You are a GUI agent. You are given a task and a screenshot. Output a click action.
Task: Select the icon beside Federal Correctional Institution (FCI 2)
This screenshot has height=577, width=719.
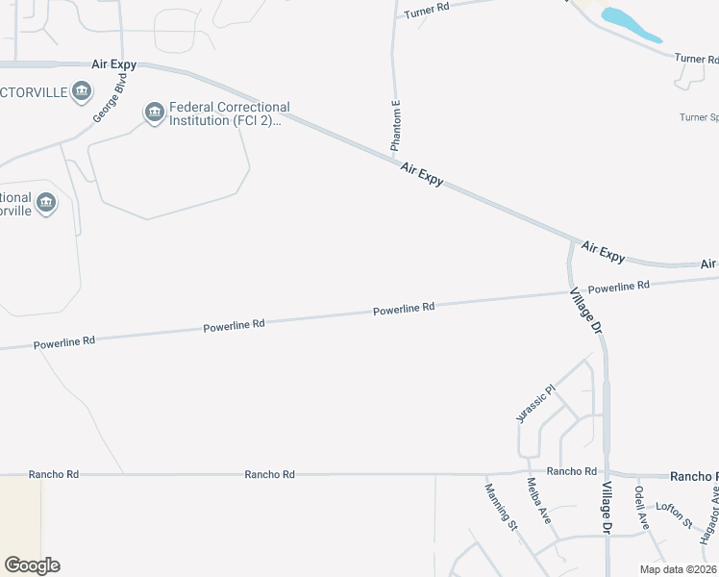[155, 114]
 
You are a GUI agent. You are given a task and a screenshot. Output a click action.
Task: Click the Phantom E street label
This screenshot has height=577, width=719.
[395, 125]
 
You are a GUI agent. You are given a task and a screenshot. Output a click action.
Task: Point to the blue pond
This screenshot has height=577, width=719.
[631, 25]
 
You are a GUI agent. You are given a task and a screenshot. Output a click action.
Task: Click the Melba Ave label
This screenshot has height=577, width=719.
[537, 501]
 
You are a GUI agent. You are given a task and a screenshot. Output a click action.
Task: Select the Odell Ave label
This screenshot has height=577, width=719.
[641, 507]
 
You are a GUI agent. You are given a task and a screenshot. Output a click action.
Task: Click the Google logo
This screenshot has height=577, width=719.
[32, 565]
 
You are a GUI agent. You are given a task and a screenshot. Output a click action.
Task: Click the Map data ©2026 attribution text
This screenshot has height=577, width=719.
[678, 569]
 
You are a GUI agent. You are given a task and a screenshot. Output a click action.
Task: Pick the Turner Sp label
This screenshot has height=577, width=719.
[699, 117]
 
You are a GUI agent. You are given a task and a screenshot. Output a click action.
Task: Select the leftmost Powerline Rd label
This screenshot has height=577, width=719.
[64, 341]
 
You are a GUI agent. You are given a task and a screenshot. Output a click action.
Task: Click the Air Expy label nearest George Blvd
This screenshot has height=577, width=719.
[113, 64]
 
